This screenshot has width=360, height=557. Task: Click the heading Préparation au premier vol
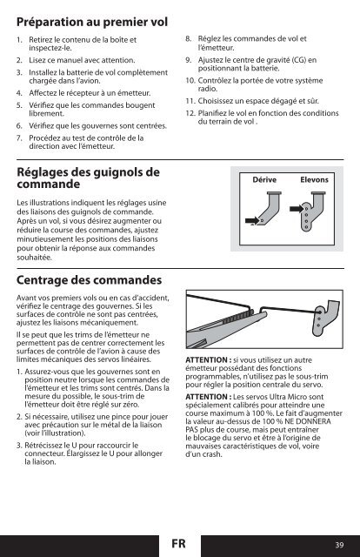click(x=92, y=22)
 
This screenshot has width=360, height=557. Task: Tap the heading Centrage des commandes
click(x=89, y=280)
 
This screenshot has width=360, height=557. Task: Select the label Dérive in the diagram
click(x=264, y=180)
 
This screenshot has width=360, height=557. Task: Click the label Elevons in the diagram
click(x=314, y=180)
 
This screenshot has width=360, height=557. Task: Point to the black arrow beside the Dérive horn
click(x=252, y=221)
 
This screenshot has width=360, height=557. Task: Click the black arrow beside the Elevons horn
click(x=297, y=209)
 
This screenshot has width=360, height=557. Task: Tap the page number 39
click(x=339, y=545)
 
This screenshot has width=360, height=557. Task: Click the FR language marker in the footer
click(x=178, y=543)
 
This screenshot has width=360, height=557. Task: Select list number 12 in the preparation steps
click(x=190, y=113)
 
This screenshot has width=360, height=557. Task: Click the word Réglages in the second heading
click(x=42, y=172)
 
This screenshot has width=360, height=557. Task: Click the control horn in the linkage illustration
click(x=325, y=318)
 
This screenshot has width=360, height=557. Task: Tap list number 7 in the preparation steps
click(x=19, y=138)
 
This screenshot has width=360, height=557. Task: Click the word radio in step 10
click(x=207, y=89)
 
